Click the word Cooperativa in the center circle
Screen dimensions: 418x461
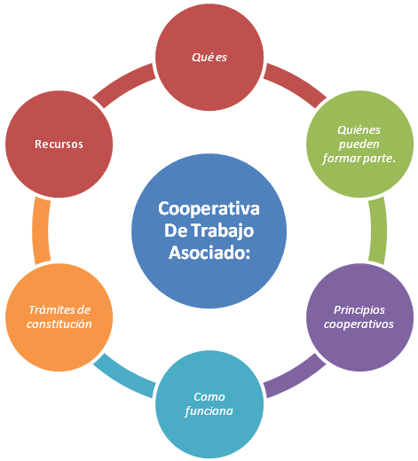coord(209,208)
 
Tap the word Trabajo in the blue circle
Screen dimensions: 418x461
coord(224,230)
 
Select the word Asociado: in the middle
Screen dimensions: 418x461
coord(209,253)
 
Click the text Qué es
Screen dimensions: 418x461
coord(209,58)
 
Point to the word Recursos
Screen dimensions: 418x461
coord(59,145)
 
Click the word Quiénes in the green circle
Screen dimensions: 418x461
coord(359,130)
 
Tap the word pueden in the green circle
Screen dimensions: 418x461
coord(359,145)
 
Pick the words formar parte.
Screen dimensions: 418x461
coord(359,159)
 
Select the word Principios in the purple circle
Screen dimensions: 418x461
coord(359,310)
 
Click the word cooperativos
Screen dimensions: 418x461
coord(359,324)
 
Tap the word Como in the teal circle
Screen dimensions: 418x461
coord(209,397)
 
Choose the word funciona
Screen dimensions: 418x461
coord(209,411)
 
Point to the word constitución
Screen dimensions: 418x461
coord(59,324)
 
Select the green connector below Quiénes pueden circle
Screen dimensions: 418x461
coord(379,230)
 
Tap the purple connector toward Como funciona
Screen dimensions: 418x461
coord(296,378)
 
